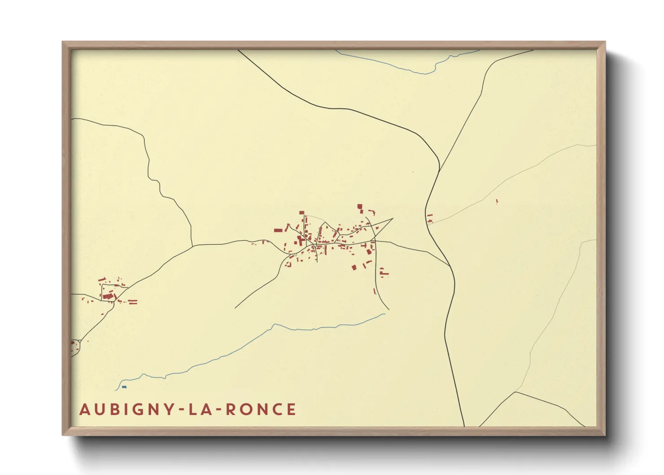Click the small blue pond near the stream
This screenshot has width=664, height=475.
click(124, 387)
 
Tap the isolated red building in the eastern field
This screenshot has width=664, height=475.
click(497, 202)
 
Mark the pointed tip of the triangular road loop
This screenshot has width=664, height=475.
click(393, 219)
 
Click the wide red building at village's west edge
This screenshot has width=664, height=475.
click(278, 230)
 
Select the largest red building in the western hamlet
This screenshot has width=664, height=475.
click(107, 296)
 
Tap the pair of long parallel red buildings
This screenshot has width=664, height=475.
click(132, 302)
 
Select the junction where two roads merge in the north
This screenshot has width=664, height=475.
click(439, 171)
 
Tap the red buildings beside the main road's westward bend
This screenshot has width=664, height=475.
click(429, 219)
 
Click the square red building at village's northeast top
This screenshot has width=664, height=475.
click(359, 207)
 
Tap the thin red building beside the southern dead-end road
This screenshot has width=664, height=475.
click(375, 291)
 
